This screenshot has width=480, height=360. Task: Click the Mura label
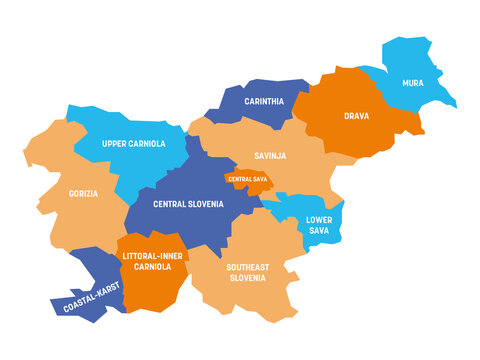point(412,83)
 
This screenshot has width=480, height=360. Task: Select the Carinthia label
point(264,102)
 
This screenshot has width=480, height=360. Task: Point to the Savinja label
point(270,155)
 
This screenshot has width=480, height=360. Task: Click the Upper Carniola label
point(133,144)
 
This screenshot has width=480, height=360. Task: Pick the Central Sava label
point(246,179)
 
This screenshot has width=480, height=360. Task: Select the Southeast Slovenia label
point(245,272)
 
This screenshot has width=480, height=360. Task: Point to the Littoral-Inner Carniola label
point(153,262)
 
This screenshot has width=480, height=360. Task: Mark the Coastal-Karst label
point(91,297)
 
